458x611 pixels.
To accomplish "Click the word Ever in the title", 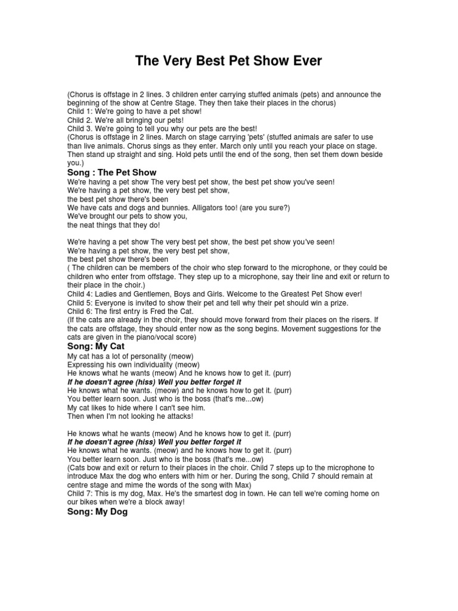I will [x=305, y=61].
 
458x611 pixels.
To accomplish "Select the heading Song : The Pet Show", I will [x=112, y=172].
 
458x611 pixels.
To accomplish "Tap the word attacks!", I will [x=177, y=416].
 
